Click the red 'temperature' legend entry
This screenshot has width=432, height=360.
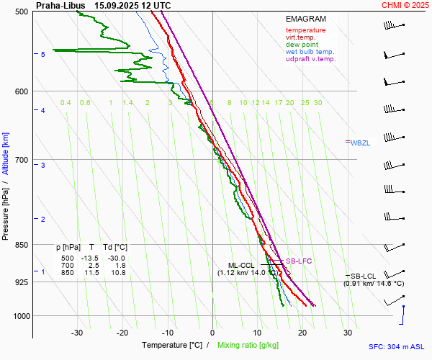(305, 30)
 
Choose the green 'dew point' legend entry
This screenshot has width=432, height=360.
(302, 45)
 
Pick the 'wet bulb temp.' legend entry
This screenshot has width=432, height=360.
(310, 52)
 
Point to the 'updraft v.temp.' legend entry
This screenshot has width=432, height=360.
(310, 59)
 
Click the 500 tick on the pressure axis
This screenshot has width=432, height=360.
(22, 12)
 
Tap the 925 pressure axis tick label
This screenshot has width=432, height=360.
(22, 282)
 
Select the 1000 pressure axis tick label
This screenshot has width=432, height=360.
(20, 316)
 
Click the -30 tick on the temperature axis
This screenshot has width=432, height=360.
(77, 333)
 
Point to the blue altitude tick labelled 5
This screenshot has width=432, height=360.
(43, 55)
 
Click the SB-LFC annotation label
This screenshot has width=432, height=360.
(299, 261)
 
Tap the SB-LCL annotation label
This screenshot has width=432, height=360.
(364, 276)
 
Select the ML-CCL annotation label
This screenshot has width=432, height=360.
(243, 265)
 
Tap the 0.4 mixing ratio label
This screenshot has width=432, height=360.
(66, 103)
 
